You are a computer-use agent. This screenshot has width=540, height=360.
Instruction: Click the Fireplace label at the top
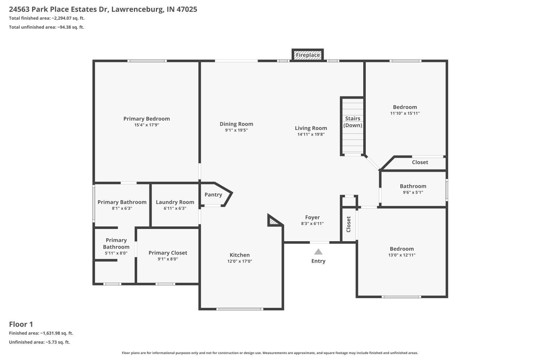point(307,55)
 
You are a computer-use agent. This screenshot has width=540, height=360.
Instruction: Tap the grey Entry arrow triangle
point(318,252)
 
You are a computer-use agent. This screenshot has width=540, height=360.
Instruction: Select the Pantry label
point(213,195)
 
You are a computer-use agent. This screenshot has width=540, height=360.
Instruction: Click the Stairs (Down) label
point(353,122)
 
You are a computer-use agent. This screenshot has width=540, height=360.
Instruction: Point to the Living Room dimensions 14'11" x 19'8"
point(311,134)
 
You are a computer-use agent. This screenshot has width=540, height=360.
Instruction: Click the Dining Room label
point(236,124)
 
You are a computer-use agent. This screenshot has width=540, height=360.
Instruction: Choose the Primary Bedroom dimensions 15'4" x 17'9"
point(147,125)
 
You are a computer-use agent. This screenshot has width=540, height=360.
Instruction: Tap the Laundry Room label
point(175,202)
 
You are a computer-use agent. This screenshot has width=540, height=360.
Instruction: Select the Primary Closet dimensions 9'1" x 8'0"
point(168,259)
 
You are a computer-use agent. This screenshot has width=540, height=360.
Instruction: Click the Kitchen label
point(240,255)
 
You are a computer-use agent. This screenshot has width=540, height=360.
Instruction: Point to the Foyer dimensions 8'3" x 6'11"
point(312,224)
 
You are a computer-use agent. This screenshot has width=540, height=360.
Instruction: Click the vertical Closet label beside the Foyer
point(348,224)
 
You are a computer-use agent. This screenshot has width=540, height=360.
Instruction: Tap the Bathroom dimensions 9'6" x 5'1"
point(413,192)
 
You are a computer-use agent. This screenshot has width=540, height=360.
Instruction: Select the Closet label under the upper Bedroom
point(420,162)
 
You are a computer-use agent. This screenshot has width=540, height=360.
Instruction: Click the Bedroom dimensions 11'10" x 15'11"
point(405,113)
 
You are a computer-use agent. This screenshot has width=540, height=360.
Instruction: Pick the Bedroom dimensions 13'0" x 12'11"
point(402,255)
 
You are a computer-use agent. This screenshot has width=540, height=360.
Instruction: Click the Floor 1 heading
point(21,324)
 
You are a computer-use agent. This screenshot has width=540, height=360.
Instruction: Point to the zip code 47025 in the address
point(187,9)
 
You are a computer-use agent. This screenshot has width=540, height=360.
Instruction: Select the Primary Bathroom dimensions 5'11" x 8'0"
point(116,253)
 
